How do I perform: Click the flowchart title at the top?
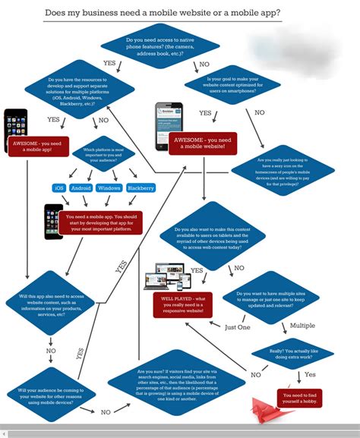179,13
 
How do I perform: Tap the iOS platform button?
58,187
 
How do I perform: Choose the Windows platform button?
109,187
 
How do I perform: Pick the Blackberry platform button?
141,187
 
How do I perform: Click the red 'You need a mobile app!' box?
38,145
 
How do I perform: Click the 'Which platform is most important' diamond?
99,155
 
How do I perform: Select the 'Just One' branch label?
238,327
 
